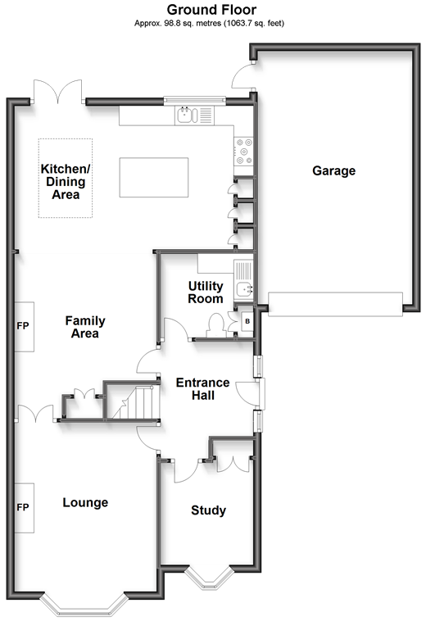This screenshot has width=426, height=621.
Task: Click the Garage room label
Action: [333, 171]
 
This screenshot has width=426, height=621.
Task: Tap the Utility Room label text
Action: [205, 292]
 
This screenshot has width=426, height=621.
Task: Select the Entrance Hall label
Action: [196, 389]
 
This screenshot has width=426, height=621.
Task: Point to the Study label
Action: [208, 510]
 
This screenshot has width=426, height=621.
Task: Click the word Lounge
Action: [85, 502]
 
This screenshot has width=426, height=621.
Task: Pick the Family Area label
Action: [85, 327]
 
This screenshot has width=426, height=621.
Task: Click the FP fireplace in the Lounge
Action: [23, 508]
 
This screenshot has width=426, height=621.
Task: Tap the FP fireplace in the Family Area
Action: [23, 326]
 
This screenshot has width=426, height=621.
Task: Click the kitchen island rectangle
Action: [153, 177]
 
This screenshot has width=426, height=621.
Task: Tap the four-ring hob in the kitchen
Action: [244, 148]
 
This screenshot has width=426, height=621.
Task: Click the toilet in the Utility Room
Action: [217, 324]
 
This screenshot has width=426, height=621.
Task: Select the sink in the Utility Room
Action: [243, 288]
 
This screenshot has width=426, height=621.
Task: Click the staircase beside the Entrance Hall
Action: [134, 402]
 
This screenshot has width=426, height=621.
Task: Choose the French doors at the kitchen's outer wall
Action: [57, 92]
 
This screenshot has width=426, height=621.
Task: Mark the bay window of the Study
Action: [207, 577]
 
